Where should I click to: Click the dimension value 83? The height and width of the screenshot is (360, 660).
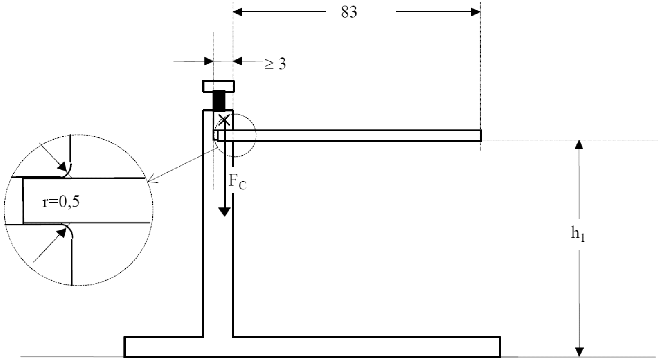coord(349,12)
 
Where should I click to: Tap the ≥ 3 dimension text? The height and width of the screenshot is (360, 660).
coord(275,63)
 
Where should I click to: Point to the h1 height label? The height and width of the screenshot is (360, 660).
coord(578,234)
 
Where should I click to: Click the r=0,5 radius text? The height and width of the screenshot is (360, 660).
coord(61,202)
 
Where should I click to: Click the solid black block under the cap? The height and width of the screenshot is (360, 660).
coord(219,100)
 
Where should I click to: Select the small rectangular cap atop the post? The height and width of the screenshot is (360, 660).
coord(219,86)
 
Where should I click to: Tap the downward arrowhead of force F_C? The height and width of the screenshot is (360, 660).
coord(225,212)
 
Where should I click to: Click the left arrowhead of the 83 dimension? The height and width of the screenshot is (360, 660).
coord(237,12)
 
